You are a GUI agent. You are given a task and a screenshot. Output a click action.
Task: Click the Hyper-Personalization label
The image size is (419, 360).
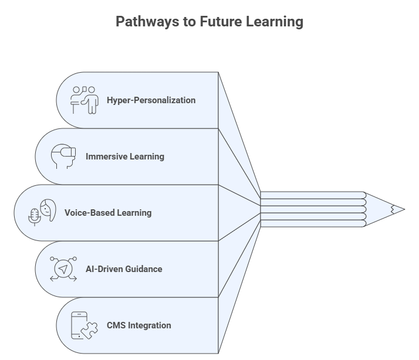pos(151,100)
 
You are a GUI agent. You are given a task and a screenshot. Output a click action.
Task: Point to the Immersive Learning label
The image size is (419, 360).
pos(124,157)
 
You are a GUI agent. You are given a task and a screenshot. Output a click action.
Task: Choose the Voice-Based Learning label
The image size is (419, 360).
pos(108,213)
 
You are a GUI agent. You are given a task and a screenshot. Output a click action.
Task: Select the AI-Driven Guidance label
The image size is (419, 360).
pos(124,269)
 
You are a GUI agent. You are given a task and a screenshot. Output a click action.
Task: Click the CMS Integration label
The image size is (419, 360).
pos(138,325)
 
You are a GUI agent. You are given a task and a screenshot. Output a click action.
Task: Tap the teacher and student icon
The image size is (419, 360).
pos(84,100)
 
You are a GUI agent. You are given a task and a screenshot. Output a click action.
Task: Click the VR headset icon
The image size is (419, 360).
pos(63,155)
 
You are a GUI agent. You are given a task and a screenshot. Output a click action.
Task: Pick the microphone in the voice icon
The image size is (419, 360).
pos(34,216)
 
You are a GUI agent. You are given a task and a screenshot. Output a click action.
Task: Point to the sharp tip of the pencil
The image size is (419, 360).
pos(402,209)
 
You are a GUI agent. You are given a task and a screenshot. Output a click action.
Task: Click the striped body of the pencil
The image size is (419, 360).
pos(311,209)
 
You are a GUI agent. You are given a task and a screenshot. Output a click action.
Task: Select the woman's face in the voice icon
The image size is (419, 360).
pos(48,208)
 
